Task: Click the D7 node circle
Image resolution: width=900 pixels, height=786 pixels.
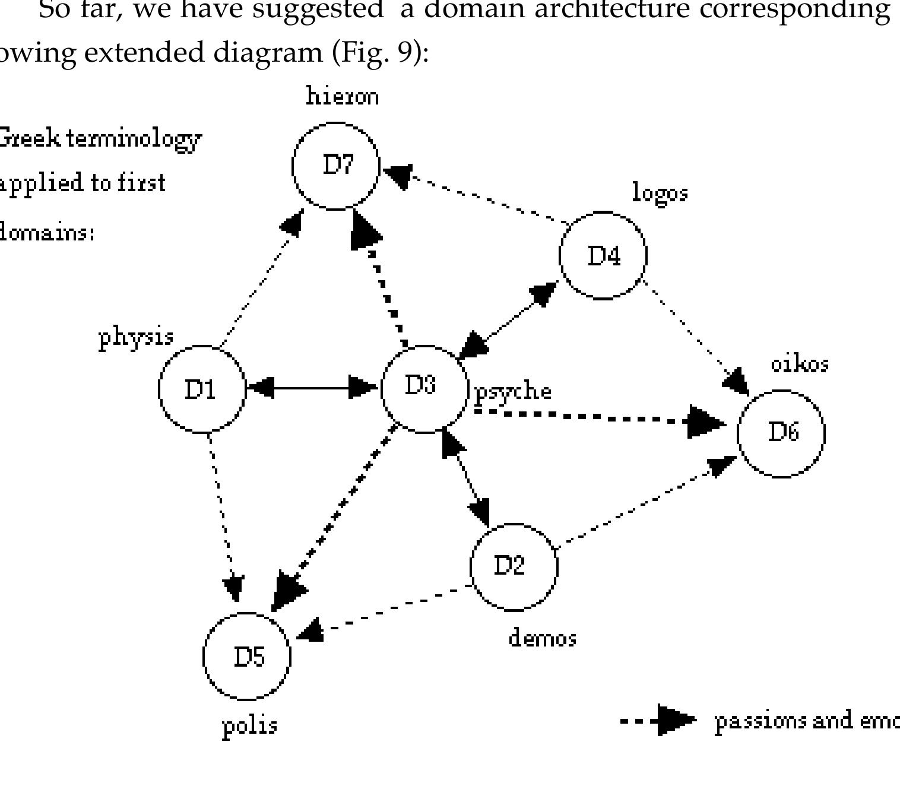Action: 336,166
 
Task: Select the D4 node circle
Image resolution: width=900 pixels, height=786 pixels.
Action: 603,256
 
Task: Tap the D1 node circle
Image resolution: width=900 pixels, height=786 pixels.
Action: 202,389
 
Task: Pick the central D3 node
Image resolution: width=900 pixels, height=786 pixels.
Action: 424,389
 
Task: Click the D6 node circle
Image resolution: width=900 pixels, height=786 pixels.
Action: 781,433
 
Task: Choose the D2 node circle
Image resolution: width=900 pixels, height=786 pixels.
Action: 514,567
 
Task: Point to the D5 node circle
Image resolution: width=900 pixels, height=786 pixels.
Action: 247,657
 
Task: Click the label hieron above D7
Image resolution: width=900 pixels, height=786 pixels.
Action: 342,96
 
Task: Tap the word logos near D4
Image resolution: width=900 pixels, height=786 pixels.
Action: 660,194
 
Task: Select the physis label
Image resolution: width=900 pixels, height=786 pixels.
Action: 136,338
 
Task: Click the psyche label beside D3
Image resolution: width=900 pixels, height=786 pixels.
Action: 514,392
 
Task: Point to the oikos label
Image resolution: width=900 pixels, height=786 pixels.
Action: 799,363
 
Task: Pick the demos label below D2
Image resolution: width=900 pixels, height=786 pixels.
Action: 542,638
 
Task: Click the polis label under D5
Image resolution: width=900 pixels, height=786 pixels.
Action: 249,725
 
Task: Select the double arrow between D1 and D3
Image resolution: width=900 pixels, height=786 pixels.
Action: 312,388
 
